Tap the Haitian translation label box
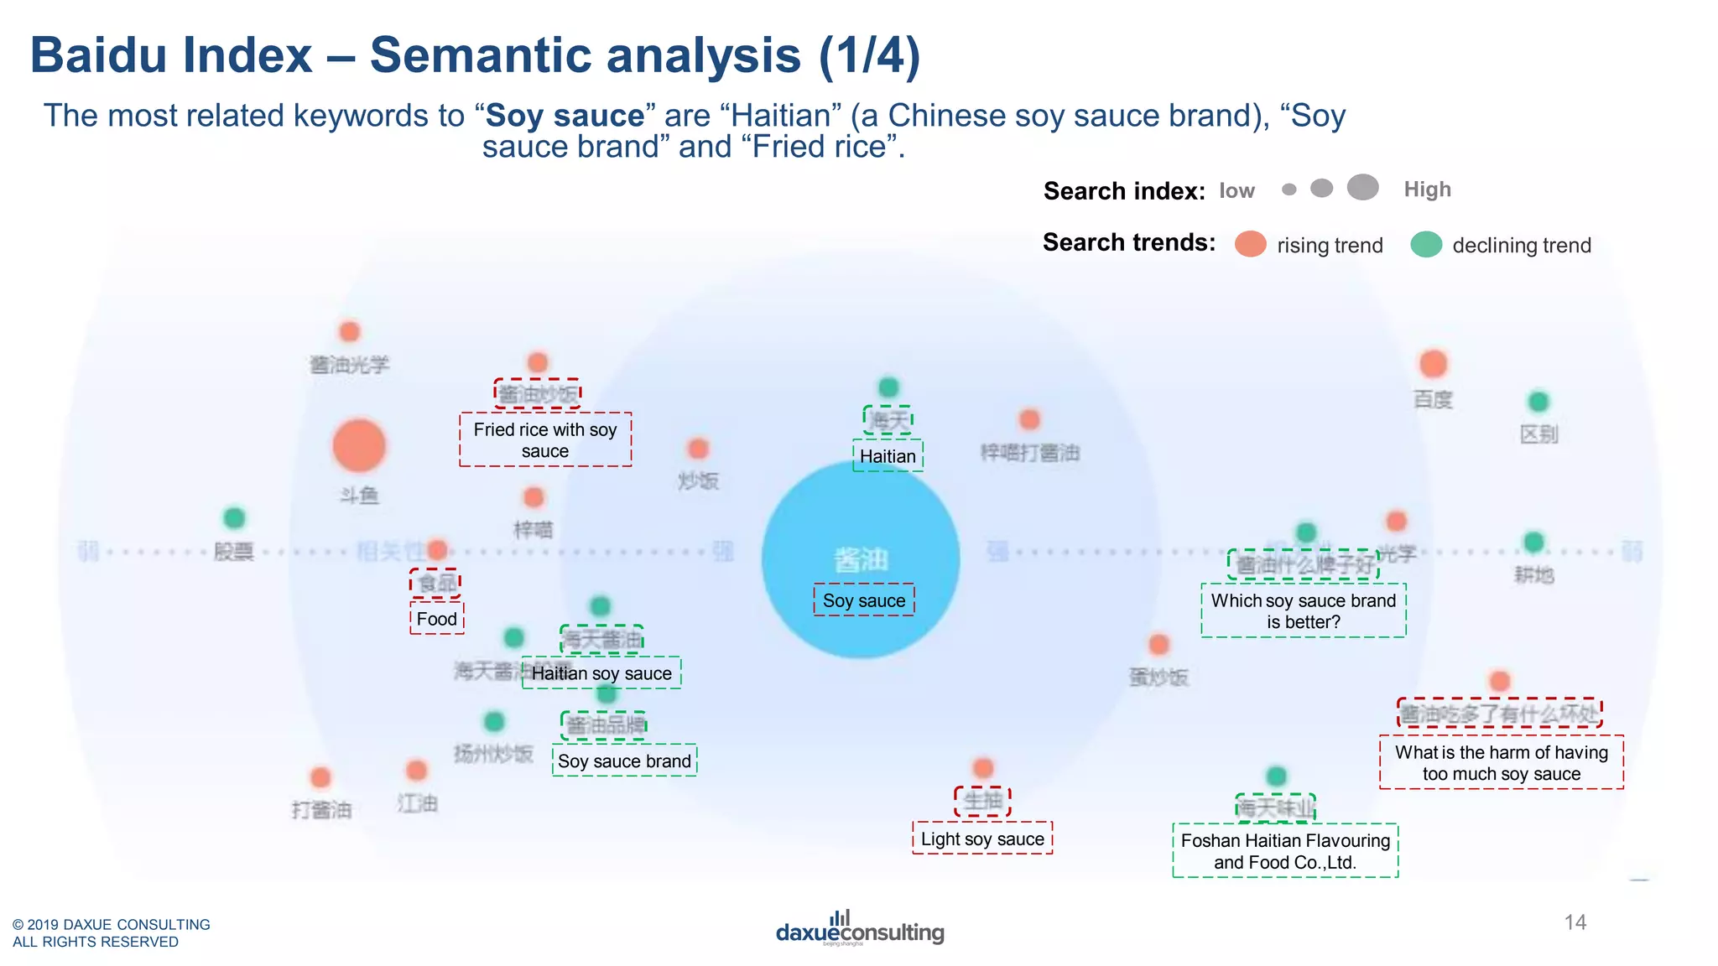[888, 456]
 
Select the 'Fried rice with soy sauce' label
[545, 440]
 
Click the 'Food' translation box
[437, 619]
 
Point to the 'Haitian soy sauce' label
[601, 673]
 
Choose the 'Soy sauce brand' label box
[624, 761]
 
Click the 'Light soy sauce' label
[982, 839]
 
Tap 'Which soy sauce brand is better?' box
[1303, 610]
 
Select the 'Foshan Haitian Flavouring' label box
[1285, 850]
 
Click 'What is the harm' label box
[1501, 762]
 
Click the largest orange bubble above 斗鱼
[359, 445]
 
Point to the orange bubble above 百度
[1433, 364]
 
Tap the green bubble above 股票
[234, 518]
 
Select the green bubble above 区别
[1538, 402]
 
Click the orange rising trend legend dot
[1250, 244]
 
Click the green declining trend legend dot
[1426, 244]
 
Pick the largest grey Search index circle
[1363, 187]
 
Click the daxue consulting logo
[860, 929]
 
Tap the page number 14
[1575, 922]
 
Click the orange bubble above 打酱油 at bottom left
[320, 777]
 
